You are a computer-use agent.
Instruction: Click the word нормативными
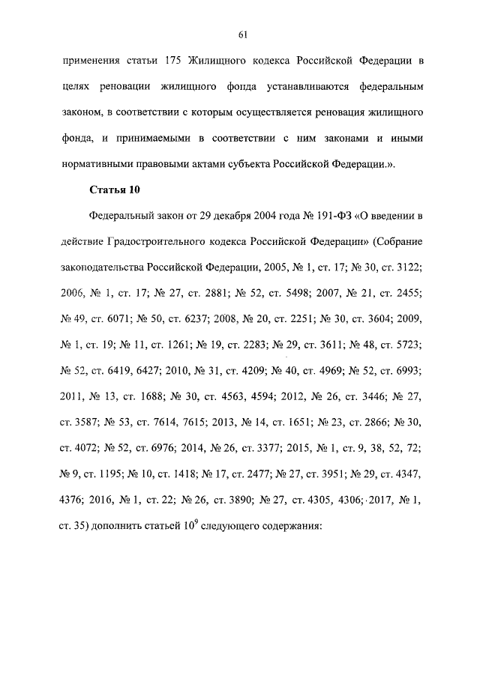pyautogui.click(x=94, y=166)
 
